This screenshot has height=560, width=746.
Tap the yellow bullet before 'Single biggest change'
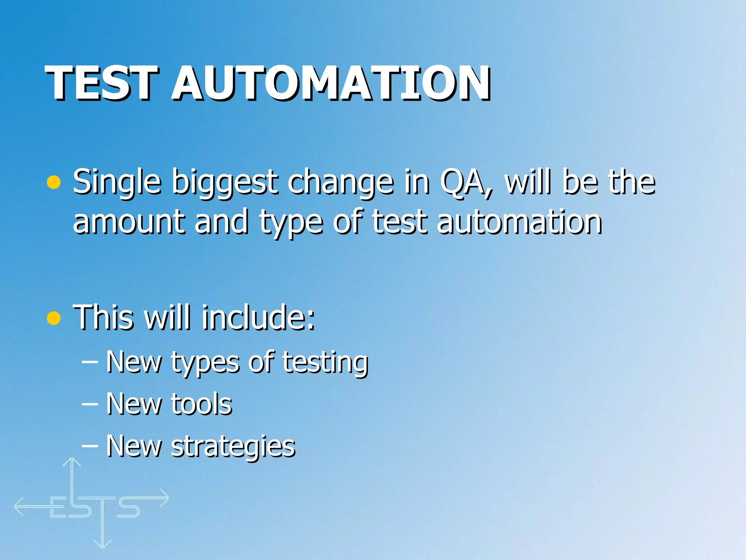(x=54, y=182)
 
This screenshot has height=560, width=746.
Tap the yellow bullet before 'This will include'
(x=54, y=318)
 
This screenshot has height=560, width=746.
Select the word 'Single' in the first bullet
(x=117, y=182)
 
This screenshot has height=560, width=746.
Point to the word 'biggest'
(x=224, y=182)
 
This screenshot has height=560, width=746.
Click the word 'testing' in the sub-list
(x=325, y=363)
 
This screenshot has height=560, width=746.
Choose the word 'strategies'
(x=233, y=446)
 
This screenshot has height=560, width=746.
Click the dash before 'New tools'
(x=90, y=404)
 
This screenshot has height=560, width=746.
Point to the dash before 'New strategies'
(x=90, y=446)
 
